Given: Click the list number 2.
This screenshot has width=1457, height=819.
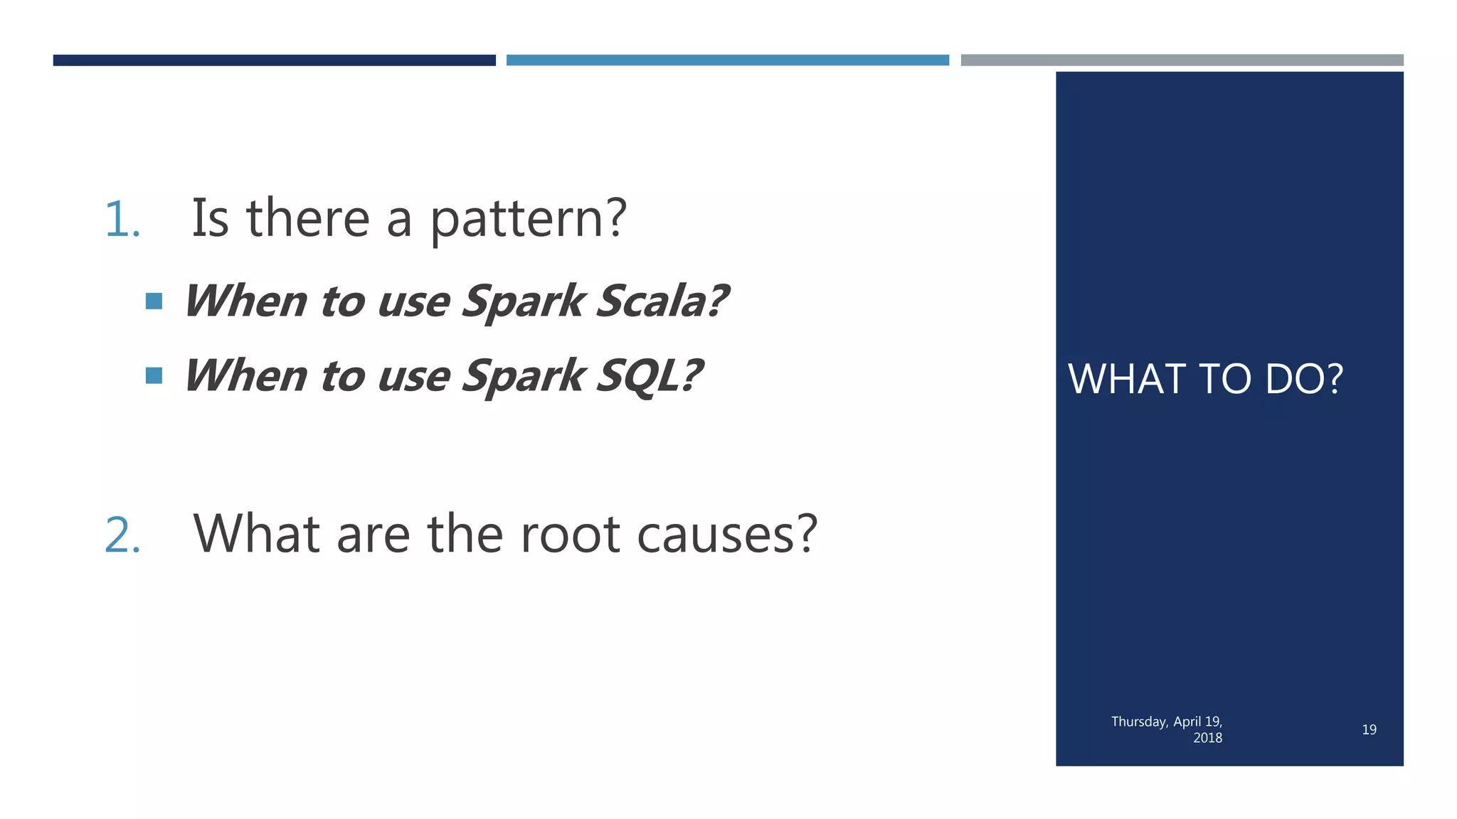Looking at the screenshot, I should (x=122, y=535).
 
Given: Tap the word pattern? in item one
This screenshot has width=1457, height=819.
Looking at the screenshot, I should (x=528, y=219).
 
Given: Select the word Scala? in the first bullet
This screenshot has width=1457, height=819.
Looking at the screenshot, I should (x=662, y=301).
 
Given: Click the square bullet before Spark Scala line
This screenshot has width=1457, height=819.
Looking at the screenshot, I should (x=154, y=301).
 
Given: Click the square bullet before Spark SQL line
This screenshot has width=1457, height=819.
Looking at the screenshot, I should (x=154, y=375).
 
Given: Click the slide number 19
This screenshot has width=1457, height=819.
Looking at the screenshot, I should (x=1369, y=729).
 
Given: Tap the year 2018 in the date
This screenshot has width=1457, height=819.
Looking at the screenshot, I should (x=1207, y=738).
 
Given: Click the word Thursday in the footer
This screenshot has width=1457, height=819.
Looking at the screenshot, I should (x=1138, y=722).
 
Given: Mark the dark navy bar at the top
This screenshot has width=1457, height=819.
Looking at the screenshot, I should (x=274, y=60).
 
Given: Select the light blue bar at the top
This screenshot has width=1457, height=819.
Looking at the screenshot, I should (x=727, y=60).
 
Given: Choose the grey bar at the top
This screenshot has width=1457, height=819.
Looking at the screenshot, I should (x=1181, y=60).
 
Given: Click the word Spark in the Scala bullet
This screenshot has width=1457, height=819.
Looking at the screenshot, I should (x=523, y=301).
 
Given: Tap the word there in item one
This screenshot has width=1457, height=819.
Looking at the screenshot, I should (x=307, y=219).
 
